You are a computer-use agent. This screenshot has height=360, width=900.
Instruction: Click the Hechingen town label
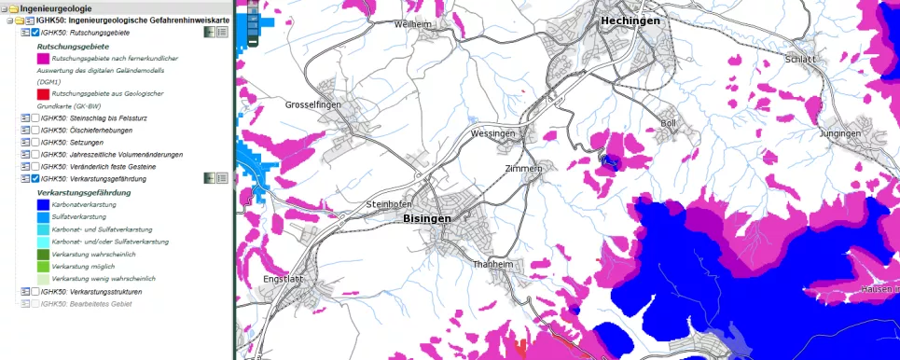(630, 21)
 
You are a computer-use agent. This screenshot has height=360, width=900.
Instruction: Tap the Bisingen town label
(426, 218)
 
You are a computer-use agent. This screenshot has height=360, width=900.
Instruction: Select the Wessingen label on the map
(493, 134)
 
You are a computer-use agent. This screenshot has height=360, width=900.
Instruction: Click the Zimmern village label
(522, 169)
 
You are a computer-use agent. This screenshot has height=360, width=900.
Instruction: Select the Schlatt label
(800, 59)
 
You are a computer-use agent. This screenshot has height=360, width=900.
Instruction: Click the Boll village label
(668, 123)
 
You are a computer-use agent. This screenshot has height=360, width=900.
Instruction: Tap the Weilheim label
(416, 24)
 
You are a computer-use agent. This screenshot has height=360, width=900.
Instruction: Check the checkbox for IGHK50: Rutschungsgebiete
(35, 33)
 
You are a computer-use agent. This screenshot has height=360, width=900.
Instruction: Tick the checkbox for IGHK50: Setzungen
(35, 143)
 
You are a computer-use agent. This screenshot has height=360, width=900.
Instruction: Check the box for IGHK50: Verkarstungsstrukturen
(35, 292)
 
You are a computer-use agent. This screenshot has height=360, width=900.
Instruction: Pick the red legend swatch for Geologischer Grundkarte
(43, 94)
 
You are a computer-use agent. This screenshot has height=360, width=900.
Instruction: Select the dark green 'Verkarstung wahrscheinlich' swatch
(43, 254)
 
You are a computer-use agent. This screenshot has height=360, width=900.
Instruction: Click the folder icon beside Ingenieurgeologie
(13, 8)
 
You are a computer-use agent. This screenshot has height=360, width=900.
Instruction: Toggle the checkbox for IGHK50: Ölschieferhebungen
(35, 131)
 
